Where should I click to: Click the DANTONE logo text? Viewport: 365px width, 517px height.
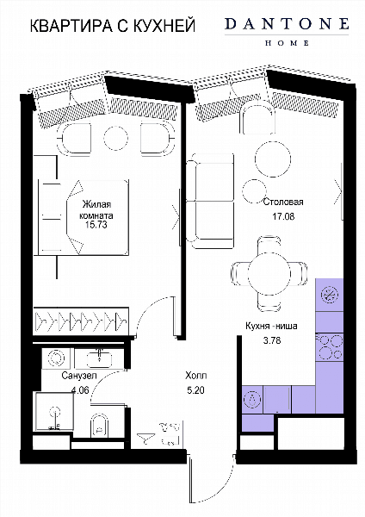point(287,24)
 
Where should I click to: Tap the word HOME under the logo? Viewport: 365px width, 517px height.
point(287,43)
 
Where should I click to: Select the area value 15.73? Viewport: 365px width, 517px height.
point(96,225)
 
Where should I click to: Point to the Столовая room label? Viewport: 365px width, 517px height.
point(283,202)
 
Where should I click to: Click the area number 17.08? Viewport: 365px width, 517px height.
point(283,216)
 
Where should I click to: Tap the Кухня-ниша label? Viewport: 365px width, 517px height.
point(271,326)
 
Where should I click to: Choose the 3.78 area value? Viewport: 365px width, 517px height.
point(272,340)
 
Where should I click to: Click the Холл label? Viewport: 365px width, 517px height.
point(195,375)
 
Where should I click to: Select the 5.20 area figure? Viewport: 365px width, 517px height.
point(195,390)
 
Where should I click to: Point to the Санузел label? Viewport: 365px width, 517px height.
point(79,376)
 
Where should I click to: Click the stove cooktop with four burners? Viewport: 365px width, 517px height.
point(330,347)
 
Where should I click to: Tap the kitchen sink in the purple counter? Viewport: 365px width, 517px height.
point(253,400)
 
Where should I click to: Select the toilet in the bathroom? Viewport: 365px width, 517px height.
point(99,426)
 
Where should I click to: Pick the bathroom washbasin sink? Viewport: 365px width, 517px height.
point(99,358)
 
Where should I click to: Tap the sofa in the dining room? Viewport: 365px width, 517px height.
point(211,201)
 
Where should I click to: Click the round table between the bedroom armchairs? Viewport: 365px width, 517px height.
point(115,139)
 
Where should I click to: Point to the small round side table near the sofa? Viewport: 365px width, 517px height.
point(254,191)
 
